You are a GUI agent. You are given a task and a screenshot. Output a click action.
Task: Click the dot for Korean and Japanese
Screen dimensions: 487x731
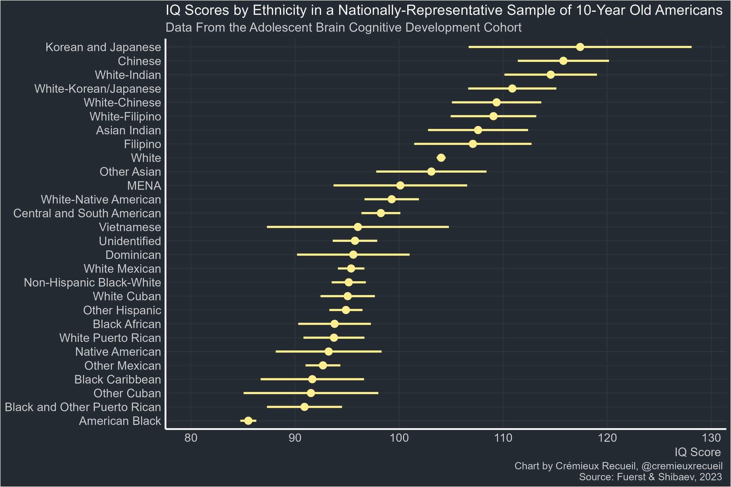pos(580,47)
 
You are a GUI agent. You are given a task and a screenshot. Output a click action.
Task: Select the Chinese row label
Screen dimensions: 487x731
pos(139,61)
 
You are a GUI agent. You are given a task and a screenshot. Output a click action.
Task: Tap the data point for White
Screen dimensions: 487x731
pos(441,158)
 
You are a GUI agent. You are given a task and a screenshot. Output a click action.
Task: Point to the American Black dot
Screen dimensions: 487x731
pos(248,421)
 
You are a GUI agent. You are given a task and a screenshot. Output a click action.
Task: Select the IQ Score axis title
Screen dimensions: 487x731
pos(697,452)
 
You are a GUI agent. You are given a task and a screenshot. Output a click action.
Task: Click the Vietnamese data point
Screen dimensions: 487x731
pos(358,227)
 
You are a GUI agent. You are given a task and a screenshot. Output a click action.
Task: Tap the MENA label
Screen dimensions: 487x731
pos(144,186)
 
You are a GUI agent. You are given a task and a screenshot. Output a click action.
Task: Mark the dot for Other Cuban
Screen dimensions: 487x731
pos(311,393)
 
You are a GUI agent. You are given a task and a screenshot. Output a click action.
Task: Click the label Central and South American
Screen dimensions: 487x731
pos(87,213)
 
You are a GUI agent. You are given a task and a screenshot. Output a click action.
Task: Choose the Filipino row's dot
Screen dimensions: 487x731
pos(473,144)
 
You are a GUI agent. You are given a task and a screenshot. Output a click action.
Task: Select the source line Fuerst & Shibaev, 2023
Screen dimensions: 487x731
pos(650,477)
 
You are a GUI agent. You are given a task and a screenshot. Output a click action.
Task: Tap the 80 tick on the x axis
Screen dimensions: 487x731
pos(191,437)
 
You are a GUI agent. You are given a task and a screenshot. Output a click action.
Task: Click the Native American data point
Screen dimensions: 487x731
pos(328,351)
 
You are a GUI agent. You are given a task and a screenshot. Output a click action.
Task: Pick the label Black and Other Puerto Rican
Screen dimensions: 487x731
pos(83,407)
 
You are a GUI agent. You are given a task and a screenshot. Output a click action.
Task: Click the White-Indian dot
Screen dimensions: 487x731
pos(550,75)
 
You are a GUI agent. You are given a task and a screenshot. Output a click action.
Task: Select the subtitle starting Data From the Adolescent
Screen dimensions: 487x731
pos(343,27)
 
